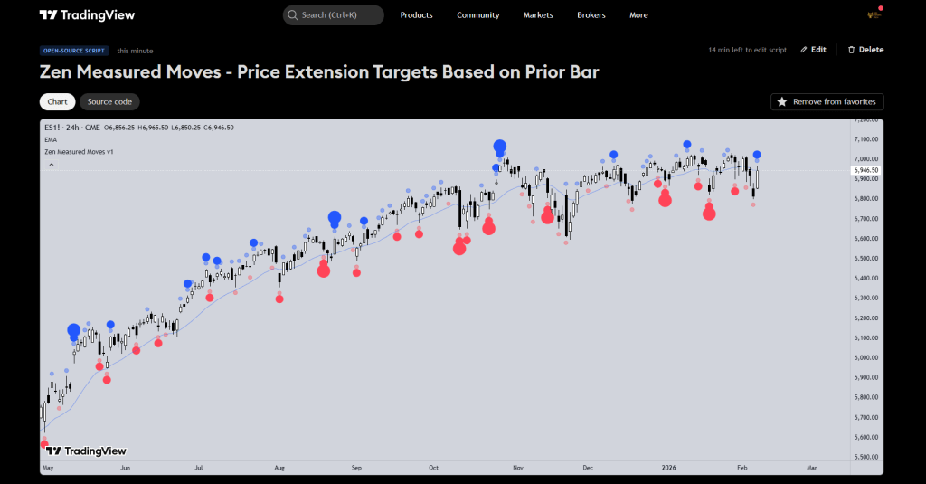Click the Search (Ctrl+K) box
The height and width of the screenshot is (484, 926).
pyautogui.click(x=333, y=15)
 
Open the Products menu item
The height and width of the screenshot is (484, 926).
pyautogui.click(x=416, y=15)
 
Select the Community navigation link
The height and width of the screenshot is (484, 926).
pyautogui.click(x=477, y=15)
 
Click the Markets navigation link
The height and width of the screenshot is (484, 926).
pyautogui.click(x=538, y=15)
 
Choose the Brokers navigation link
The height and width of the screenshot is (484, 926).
pyautogui.click(x=591, y=15)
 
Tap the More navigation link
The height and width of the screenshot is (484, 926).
pyautogui.click(x=638, y=15)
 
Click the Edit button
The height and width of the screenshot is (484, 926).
pyautogui.click(x=813, y=50)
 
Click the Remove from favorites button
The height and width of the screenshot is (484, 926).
pyautogui.click(x=827, y=102)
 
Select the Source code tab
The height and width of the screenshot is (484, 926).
pyautogui.click(x=109, y=102)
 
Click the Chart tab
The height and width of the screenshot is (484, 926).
pyautogui.click(x=57, y=102)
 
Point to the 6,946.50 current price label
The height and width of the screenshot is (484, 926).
pyautogui.click(x=866, y=170)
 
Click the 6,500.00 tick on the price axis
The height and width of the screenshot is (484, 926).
pyautogui.click(x=866, y=259)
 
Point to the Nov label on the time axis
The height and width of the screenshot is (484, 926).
pyautogui.click(x=518, y=469)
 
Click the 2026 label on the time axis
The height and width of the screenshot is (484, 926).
pyautogui.click(x=671, y=469)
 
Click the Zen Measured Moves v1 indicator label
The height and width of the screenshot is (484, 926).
pyautogui.click(x=79, y=151)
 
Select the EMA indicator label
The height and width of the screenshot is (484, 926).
pyautogui.click(x=51, y=140)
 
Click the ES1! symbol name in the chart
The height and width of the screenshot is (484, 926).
pyautogui.click(x=53, y=128)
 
